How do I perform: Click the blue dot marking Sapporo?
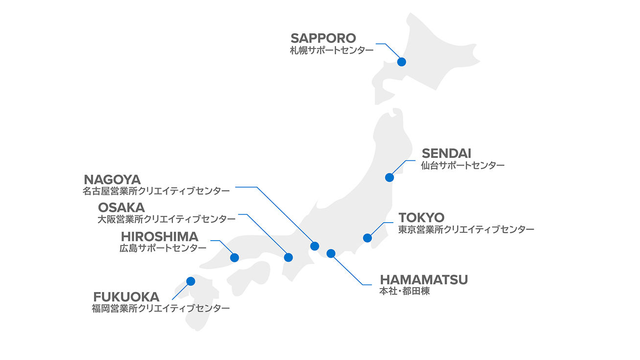tap(402, 62)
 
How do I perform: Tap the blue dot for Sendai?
tap(389, 178)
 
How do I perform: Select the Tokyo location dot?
tap(367, 238)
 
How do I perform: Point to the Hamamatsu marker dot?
tap(331, 253)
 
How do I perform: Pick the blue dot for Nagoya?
tap(315, 246)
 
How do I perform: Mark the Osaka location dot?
tap(288, 257)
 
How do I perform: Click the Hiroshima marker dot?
tap(234, 257)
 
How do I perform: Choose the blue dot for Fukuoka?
tap(191, 281)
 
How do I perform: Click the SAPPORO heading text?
tap(323, 38)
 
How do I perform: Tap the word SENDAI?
tap(446, 154)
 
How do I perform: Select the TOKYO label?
tap(421, 217)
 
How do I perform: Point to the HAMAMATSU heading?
tap(424, 280)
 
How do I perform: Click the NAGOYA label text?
tap(112, 180)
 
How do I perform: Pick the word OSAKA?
tap(121, 208)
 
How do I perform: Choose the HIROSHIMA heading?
tap(160, 237)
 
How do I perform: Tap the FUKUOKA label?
tap(126, 297)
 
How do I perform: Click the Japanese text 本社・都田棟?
tap(405, 292)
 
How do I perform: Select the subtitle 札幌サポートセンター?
tap(331, 50)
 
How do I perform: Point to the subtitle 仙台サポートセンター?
tap(462, 165)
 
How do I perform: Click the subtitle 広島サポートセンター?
tap(163, 248)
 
